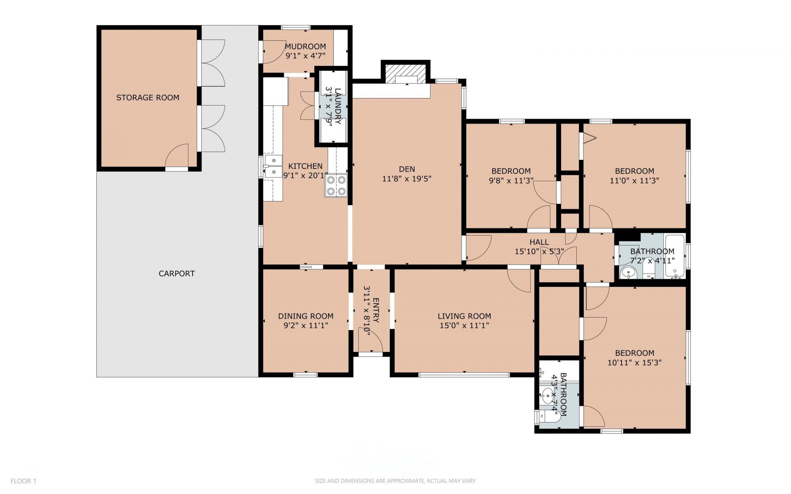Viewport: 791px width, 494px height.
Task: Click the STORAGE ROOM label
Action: click(147, 98)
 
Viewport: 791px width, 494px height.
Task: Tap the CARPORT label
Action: click(177, 274)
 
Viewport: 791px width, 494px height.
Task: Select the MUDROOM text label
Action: click(305, 47)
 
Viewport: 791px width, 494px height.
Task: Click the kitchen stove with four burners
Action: click(336, 185)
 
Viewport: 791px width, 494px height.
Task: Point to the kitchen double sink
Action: click(273, 166)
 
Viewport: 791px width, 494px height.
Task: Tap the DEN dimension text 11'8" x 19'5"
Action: click(407, 179)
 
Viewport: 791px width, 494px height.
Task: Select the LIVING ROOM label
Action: click(464, 316)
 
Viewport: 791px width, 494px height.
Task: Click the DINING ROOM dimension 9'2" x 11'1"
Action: click(306, 325)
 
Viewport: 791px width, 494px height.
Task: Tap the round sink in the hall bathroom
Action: click(628, 272)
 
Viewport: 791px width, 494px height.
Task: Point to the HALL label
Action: click(539, 242)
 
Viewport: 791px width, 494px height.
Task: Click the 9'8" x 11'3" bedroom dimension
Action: click(511, 180)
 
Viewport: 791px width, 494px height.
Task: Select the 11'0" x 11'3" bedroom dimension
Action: click(634, 180)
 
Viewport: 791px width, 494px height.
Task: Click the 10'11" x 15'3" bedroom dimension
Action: click(634, 363)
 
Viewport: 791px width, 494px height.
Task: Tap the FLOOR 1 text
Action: click(23, 481)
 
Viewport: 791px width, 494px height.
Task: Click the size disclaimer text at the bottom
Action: click(395, 481)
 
